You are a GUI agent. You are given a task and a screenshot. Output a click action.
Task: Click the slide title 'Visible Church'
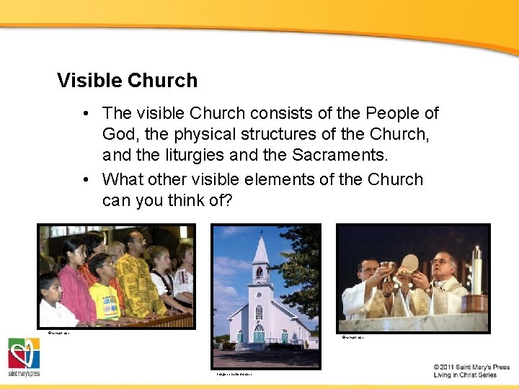coord(127,81)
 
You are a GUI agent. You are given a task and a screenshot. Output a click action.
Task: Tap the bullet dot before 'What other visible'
coord(86,179)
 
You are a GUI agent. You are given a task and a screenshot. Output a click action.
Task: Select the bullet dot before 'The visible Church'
coord(86,113)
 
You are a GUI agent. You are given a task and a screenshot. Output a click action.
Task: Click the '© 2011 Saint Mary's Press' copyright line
coord(471,367)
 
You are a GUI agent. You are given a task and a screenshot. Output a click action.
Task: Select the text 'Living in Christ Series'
coord(465,375)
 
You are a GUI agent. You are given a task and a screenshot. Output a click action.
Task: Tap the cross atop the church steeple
coord(260,232)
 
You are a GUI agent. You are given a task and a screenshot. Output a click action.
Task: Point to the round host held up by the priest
coord(410,263)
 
